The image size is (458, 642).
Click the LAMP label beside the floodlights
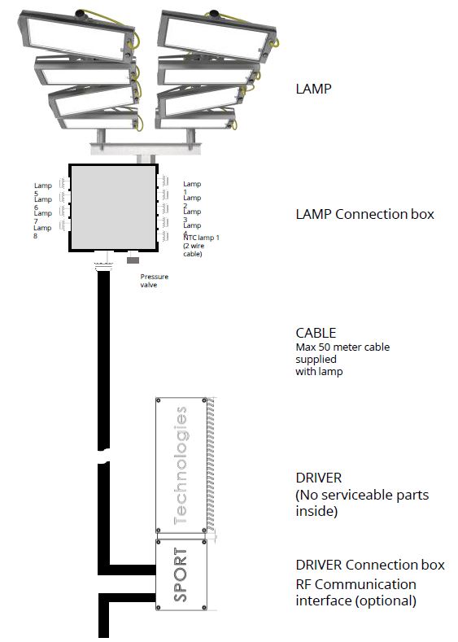(313, 89)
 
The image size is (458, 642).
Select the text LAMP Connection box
(364, 214)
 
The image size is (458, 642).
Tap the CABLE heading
(316, 333)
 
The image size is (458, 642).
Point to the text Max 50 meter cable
(342, 347)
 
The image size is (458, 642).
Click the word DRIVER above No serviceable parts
(318, 478)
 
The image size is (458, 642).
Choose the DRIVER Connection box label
(370, 565)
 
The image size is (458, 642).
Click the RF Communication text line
(356, 584)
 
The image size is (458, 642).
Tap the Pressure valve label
(155, 281)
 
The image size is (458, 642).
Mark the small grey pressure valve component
(133, 260)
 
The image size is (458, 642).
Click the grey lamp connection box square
(113, 208)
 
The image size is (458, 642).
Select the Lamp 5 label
(42, 189)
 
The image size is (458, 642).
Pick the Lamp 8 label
(42, 231)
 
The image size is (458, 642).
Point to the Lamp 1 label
(192, 187)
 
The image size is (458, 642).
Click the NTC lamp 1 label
(201, 245)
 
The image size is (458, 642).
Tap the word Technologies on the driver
(181, 466)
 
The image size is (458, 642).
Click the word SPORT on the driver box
(181, 574)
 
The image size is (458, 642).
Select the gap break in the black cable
(103, 456)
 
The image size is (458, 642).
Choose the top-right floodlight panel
(217, 36)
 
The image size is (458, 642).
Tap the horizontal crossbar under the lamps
(146, 149)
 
